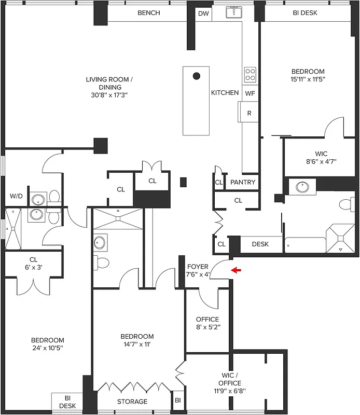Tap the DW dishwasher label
click(203, 14)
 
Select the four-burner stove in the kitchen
click(250, 75)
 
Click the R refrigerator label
click(249, 113)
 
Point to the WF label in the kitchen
click(250, 93)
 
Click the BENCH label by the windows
click(148, 13)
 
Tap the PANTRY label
click(242, 183)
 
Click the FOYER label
click(198, 267)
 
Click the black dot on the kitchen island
click(197, 76)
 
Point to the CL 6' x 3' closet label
click(33, 264)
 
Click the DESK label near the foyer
click(260, 244)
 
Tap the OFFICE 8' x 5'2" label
click(207, 323)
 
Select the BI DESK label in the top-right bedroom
click(304, 13)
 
